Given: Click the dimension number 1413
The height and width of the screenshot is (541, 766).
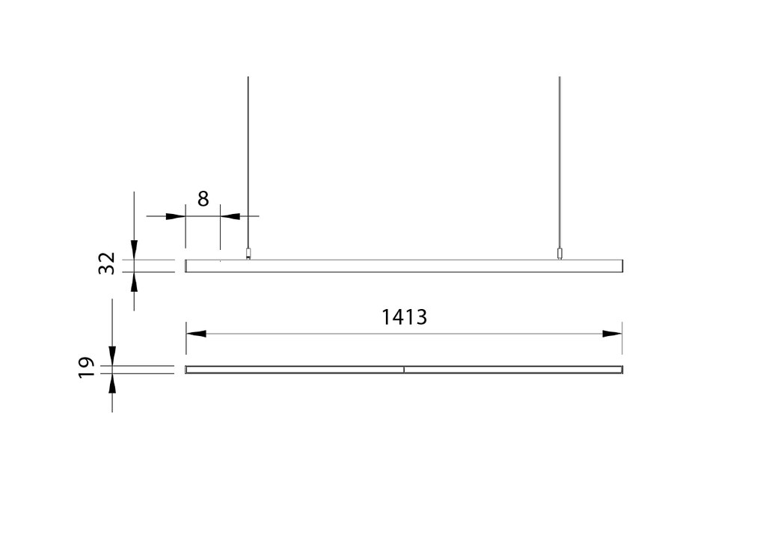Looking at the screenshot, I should click(404, 317).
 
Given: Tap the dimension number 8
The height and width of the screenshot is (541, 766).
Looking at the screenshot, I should click(203, 199).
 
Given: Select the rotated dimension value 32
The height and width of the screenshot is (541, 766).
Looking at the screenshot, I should click(108, 263).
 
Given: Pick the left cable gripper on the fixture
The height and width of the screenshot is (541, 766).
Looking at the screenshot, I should click(248, 254).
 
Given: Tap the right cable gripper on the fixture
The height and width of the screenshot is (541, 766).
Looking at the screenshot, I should click(559, 254).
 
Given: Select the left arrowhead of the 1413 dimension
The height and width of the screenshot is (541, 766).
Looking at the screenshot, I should click(196, 334).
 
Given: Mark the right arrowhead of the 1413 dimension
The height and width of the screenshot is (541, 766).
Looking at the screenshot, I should click(613, 334).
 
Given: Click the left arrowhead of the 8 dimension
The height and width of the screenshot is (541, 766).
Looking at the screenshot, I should click(175, 216).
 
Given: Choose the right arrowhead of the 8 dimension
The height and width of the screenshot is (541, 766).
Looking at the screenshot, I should click(230, 216).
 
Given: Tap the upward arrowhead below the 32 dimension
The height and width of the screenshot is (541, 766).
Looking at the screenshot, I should click(134, 281).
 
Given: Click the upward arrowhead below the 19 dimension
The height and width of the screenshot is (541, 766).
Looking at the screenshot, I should click(112, 383).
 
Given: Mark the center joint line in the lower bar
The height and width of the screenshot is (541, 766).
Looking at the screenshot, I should click(404, 369).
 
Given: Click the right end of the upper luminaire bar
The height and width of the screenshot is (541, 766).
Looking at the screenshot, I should click(621, 266).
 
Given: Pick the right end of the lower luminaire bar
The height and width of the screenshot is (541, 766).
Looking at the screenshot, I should click(621, 369).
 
